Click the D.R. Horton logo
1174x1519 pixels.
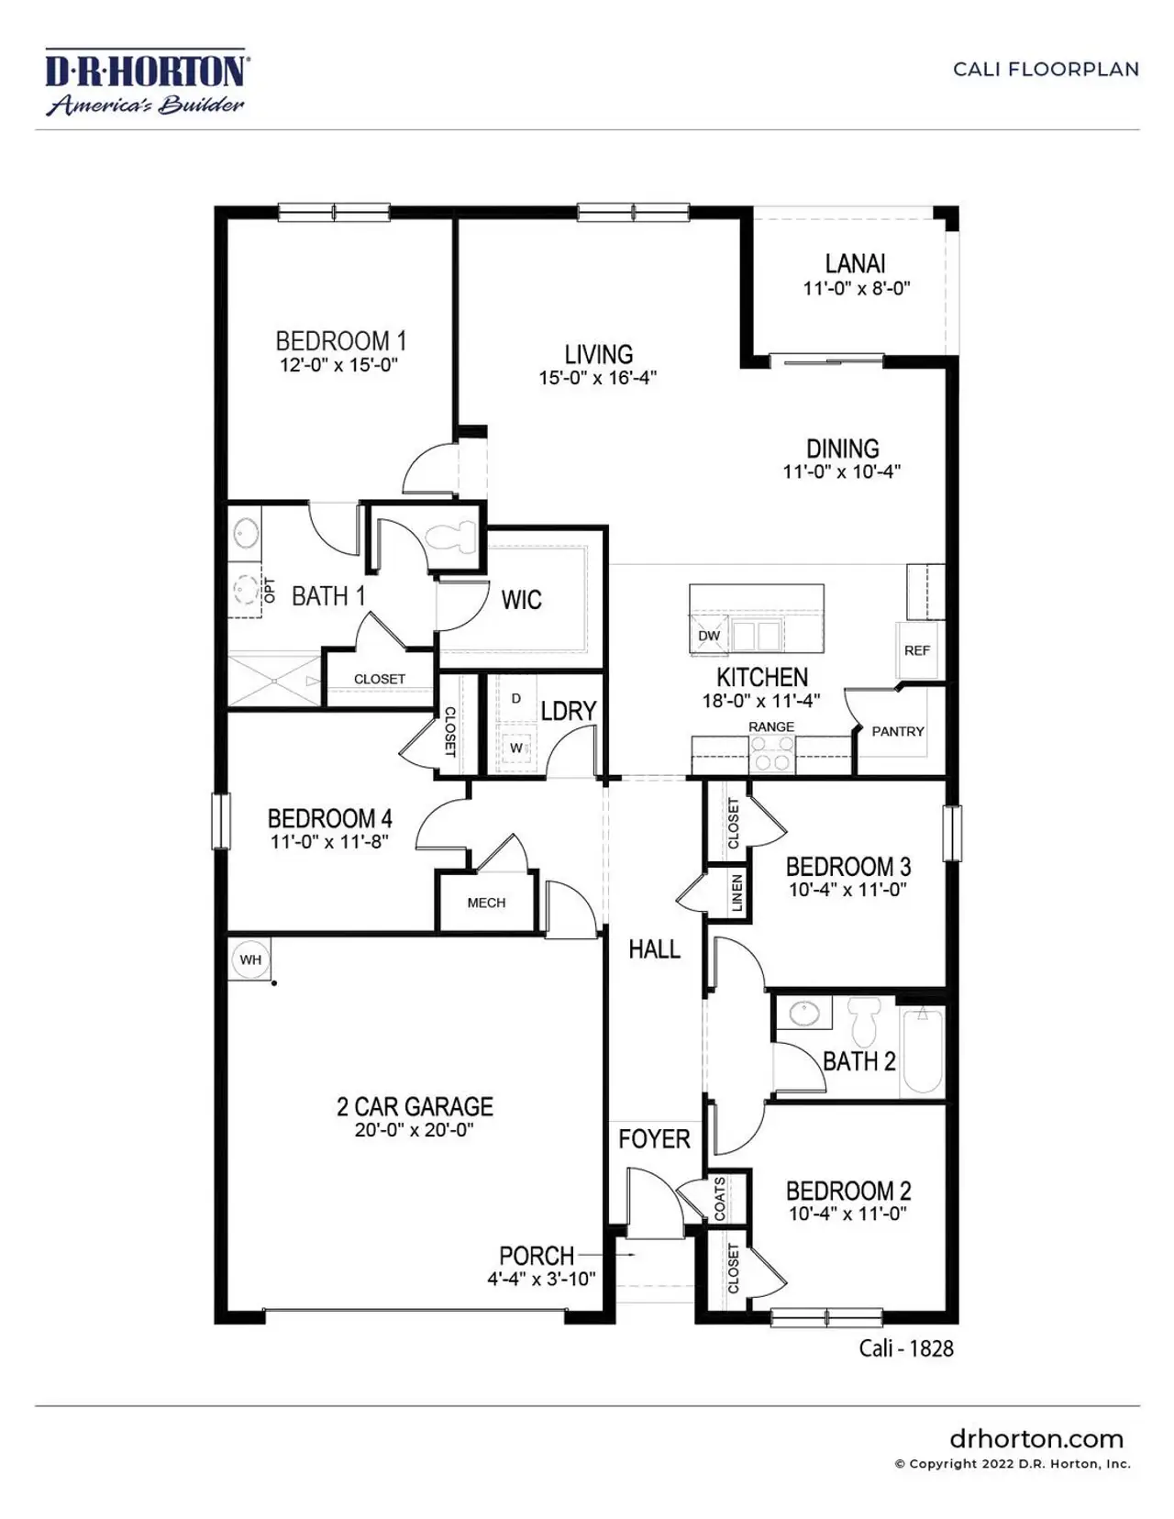coord(145,83)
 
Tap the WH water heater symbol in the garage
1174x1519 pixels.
coord(250,960)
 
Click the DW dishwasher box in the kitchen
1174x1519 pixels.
coord(709,635)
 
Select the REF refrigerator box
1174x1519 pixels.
coord(917,650)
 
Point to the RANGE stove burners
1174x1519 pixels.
coord(771,759)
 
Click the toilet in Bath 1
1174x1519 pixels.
coord(455,536)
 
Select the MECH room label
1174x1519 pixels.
coord(486,903)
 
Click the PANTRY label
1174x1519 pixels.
coord(898,731)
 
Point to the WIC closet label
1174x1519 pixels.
coord(521,600)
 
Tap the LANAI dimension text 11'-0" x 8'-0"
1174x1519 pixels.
coord(857,288)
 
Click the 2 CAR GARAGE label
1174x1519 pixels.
coord(415,1106)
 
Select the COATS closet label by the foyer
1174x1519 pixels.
coord(719,1198)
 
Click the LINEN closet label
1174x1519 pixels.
coord(737,893)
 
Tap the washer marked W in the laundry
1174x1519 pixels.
coord(516,748)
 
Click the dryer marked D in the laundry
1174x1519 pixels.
coord(516,699)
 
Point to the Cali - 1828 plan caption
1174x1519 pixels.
coord(906,1347)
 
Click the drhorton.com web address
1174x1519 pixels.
coord(1036,1438)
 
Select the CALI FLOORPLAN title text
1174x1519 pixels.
coord(1046,69)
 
